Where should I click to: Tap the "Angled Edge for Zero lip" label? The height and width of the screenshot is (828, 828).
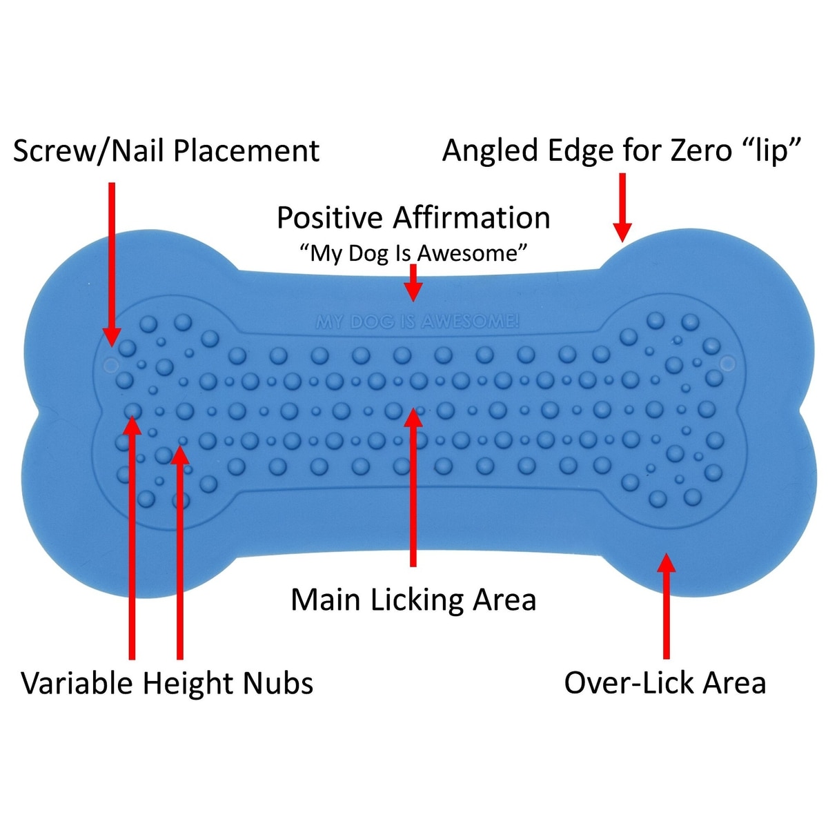tap(622, 151)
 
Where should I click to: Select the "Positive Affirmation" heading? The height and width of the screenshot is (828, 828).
tap(413, 218)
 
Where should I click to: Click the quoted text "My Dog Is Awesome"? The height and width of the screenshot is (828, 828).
tap(413, 253)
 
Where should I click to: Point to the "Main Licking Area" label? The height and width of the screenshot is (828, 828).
tap(413, 600)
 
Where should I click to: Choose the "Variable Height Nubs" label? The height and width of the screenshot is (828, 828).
tap(168, 683)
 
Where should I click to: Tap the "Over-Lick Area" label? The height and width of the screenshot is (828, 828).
tap(665, 683)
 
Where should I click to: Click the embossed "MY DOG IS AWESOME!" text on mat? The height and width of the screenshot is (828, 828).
tap(417, 322)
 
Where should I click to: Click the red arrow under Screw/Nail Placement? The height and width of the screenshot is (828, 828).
tap(111, 262)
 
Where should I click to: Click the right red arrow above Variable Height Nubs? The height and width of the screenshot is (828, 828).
tap(180, 552)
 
